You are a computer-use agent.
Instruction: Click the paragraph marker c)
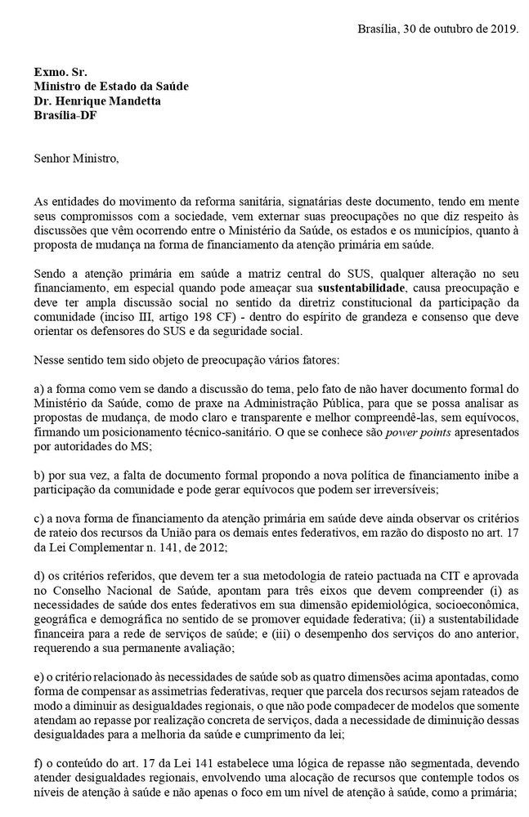pos(39,519)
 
